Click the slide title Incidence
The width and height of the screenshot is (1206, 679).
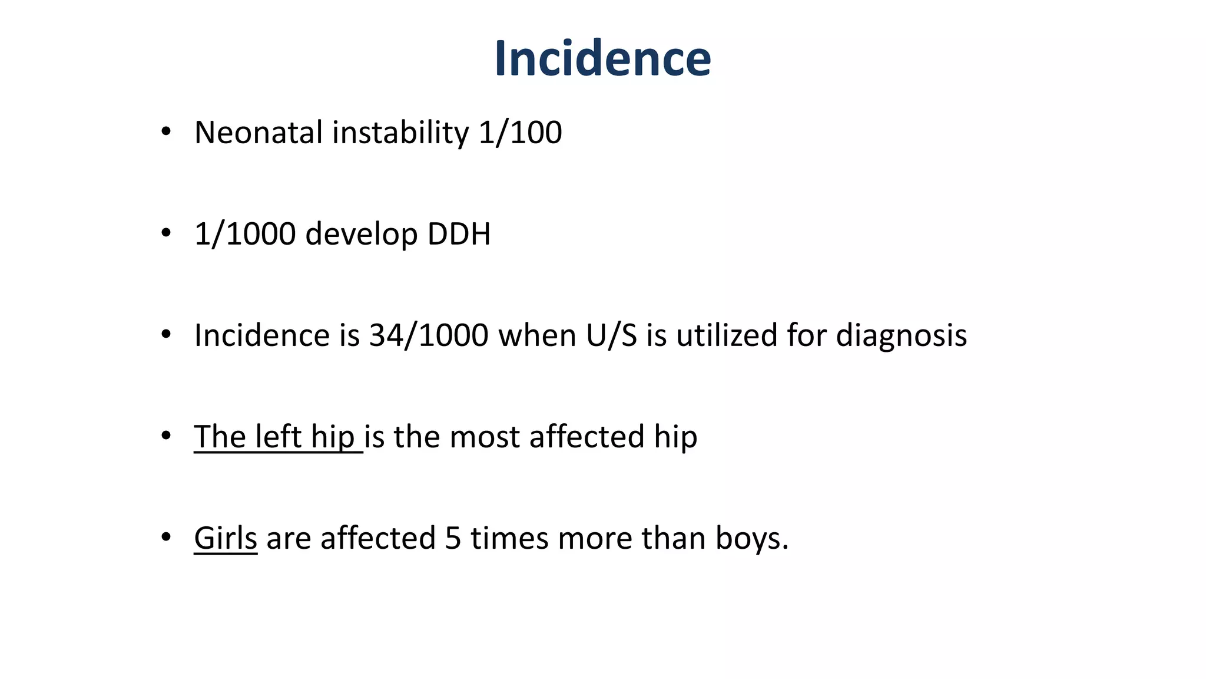[x=602, y=58]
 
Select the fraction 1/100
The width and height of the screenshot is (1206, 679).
[x=520, y=133]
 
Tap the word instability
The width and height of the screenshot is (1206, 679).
[x=400, y=133]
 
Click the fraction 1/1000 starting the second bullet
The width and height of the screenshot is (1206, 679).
[x=245, y=234]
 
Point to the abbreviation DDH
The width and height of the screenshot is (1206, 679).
[x=459, y=234]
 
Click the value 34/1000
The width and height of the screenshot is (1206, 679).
[x=429, y=335]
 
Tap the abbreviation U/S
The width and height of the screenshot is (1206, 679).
[x=611, y=335]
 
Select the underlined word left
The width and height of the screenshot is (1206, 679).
[x=278, y=437]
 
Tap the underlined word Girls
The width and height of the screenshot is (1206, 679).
[x=226, y=539]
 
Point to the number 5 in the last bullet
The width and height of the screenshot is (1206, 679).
[x=453, y=539]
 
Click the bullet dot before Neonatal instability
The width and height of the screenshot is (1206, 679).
[x=166, y=132]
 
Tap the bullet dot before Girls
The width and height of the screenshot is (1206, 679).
[x=166, y=538]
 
